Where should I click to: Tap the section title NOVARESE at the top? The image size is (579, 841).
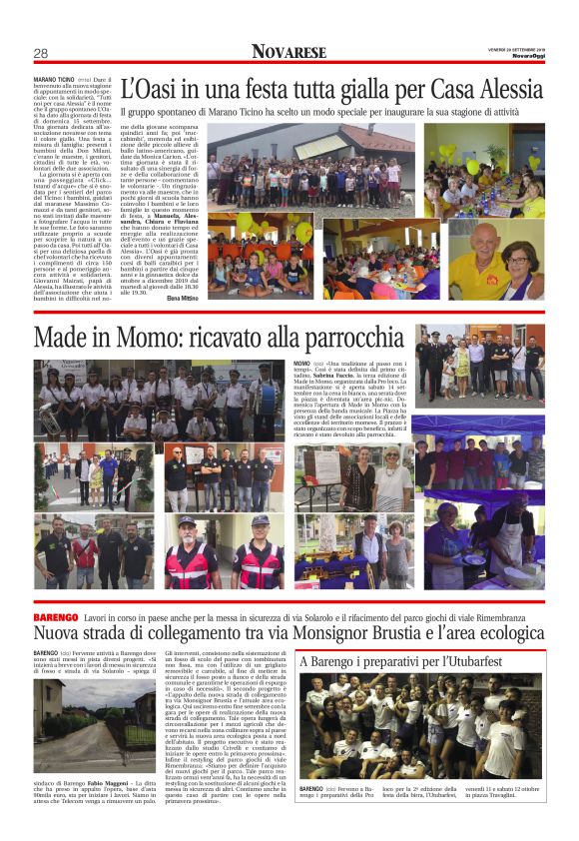[289, 51]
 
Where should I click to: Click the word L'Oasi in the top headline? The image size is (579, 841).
[148, 89]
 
